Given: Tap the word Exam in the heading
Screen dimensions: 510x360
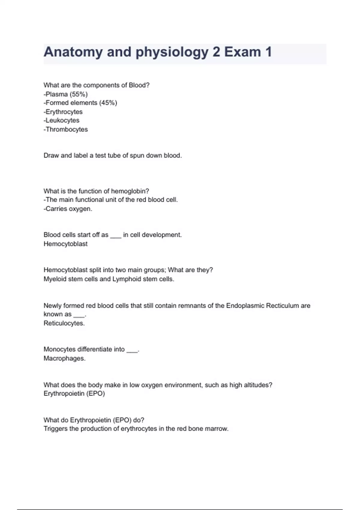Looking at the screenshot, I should [x=242, y=52].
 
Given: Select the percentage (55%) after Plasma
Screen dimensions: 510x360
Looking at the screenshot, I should [x=79, y=94].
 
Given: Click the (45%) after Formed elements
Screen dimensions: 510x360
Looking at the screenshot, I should [x=108, y=103].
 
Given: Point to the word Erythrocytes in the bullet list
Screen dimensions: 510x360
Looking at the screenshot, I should [x=64, y=112].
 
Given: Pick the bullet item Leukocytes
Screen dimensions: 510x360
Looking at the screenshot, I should [x=62, y=120].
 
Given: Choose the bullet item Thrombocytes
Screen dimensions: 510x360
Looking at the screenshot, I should [x=67, y=129].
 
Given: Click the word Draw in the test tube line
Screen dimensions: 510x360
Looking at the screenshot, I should [x=51, y=155].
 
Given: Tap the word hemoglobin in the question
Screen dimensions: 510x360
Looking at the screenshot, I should [x=130, y=191].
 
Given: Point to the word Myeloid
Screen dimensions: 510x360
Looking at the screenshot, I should [x=55, y=279].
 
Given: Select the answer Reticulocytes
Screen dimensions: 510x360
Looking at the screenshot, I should [x=64, y=323].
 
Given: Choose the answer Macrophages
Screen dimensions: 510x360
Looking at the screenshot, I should [x=64, y=358].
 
